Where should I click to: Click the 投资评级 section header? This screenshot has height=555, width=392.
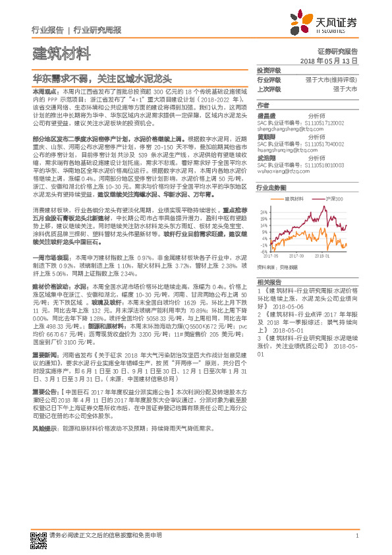pos(269,70)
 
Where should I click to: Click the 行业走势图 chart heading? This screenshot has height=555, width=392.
pos(271,188)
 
